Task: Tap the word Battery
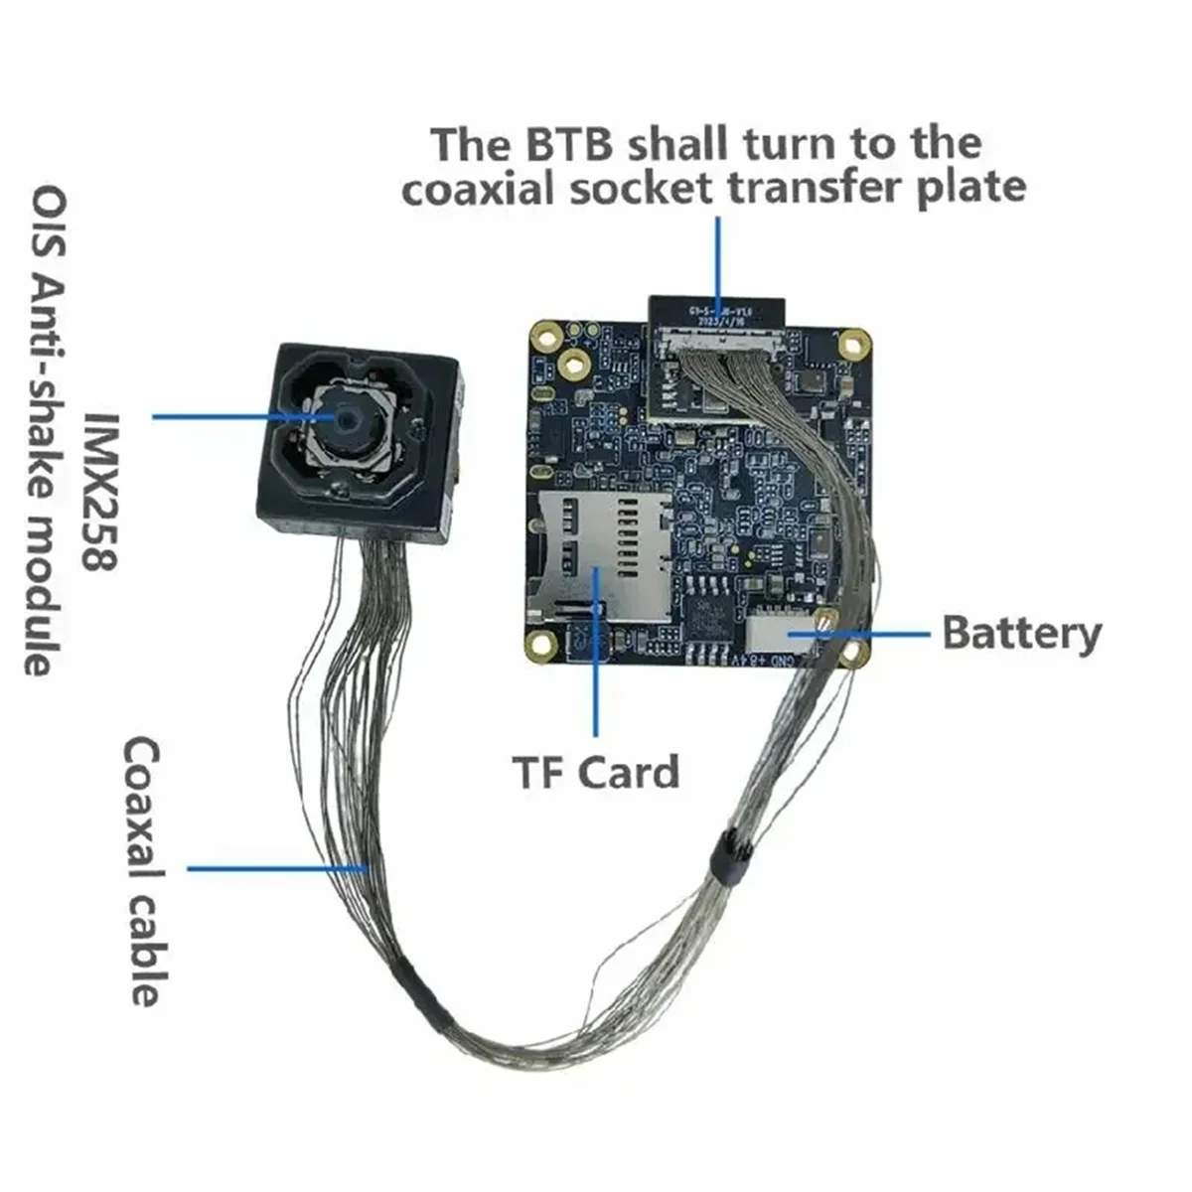[1021, 633]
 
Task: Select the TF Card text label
[595, 772]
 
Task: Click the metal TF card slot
[596, 556]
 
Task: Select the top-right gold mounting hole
[851, 345]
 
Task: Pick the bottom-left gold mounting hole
[541, 645]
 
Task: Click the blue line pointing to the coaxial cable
[278, 869]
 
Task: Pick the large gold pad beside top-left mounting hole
[574, 361]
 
